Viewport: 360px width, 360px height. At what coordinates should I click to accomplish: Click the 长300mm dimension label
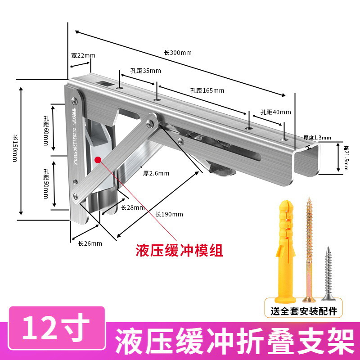click(177, 53)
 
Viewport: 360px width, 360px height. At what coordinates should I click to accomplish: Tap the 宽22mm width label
click(83, 55)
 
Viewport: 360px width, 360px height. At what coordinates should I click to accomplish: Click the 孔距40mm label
click(275, 112)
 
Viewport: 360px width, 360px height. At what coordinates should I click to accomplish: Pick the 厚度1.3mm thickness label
click(317, 138)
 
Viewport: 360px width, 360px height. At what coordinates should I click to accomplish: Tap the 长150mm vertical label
click(14, 149)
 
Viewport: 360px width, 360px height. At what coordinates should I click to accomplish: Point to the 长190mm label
click(169, 214)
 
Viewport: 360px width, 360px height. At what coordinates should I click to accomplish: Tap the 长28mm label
click(132, 207)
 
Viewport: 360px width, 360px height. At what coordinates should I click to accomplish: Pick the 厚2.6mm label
click(156, 173)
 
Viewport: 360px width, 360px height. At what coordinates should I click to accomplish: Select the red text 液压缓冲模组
click(180, 250)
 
